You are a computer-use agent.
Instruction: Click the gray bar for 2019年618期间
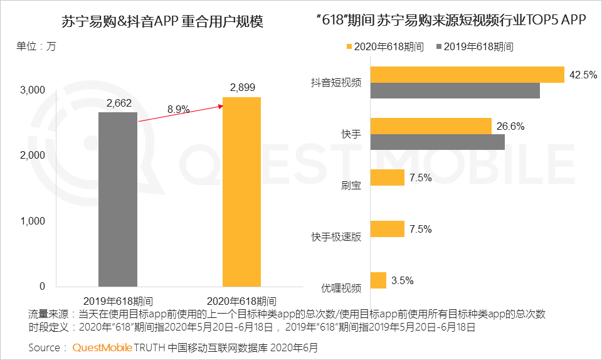[x=117, y=199]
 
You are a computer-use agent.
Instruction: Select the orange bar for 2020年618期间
[x=241, y=192]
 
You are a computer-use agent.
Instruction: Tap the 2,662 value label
[x=118, y=103]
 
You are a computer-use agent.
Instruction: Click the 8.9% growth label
[x=178, y=109]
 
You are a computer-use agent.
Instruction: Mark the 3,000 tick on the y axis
[x=33, y=90]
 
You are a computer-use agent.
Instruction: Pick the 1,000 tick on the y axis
[x=33, y=221]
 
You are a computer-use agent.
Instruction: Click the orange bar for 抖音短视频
[x=467, y=75]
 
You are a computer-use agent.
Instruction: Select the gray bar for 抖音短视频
[x=455, y=91]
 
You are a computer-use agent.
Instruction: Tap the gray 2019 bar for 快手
[x=437, y=142]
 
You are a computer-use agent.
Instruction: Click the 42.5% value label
[x=583, y=75]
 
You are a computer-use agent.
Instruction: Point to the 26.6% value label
[x=511, y=126]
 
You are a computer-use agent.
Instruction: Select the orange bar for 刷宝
[x=388, y=177]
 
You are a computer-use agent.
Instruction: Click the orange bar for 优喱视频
[x=378, y=280]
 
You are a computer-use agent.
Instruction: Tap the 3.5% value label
[x=402, y=280]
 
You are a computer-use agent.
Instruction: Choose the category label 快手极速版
[x=336, y=237]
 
